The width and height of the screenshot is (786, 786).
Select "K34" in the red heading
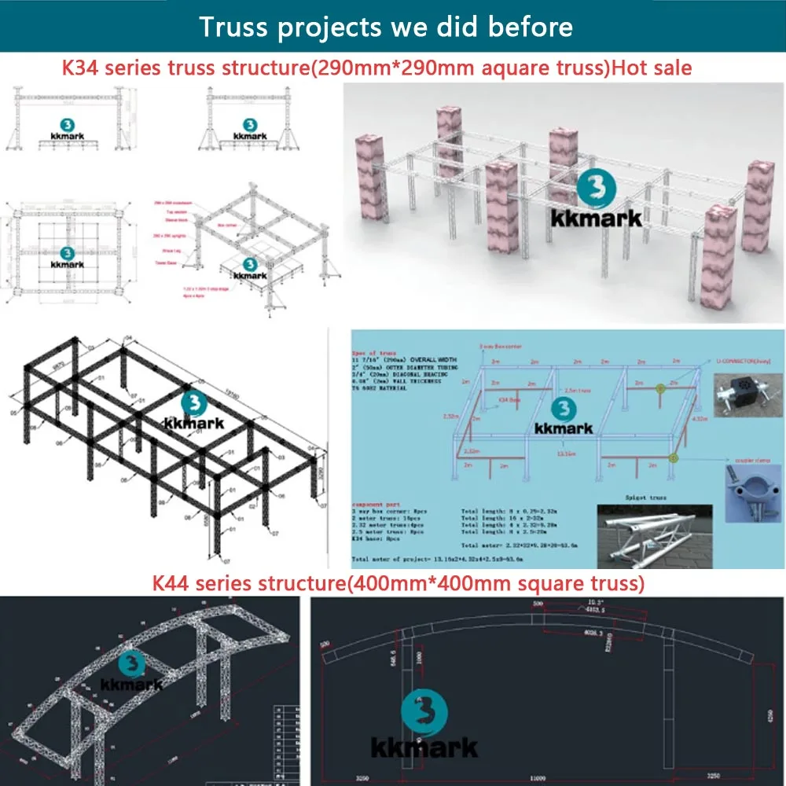(82, 68)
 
